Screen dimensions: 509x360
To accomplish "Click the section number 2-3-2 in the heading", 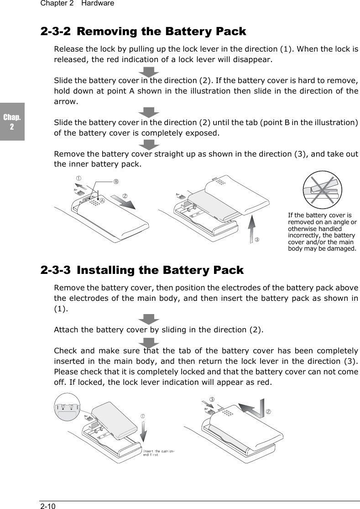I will pyautogui.click(x=55, y=31).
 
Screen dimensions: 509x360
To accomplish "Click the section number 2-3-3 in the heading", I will pyautogui.click(x=55, y=270).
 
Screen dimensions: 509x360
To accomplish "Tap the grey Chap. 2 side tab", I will pyautogui.click(x=12, y=121).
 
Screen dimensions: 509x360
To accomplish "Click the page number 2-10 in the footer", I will pyautogui.click(x=48, y=505).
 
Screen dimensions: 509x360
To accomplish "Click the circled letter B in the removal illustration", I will pyautogui.click(x=116, y=181).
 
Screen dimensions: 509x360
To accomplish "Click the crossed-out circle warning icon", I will pyautogui.click(x=322, y=189).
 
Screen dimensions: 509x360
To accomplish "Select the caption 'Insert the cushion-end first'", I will pyautogui.click(x=158, y=453).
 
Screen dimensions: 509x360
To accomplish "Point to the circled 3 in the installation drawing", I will pyautogui.click(x=212, y=400).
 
